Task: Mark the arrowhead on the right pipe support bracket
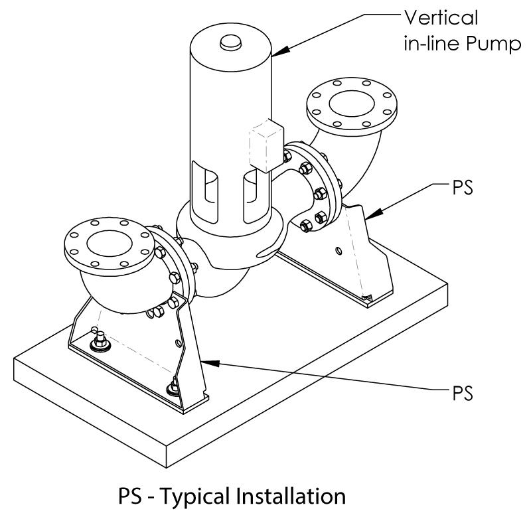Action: tap(368, 214)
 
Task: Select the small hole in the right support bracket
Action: tap(338, 250)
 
